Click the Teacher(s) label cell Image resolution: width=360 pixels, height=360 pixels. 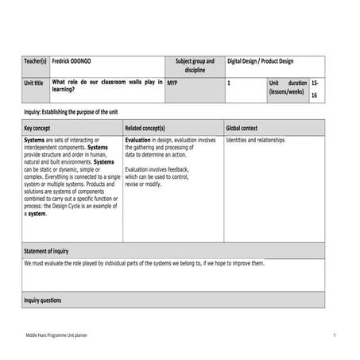coord(36,60)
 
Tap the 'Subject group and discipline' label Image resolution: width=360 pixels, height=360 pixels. coord(195,65)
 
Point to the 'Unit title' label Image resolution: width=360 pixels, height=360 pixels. coord(34,83)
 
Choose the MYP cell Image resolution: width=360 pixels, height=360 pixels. coord(172,82)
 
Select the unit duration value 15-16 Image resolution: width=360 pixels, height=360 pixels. coord(315,87)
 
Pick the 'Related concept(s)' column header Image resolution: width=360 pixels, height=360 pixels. coord(145,127)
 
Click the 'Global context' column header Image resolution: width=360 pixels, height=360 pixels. coord(242,127)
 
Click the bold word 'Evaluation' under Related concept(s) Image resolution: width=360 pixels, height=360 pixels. coord(138,140)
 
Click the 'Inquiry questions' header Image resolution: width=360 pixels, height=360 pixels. coord(43,300)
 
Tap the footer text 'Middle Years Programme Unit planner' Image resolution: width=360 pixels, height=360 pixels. coord(56,337)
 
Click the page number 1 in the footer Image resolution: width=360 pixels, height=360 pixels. coord(335,337)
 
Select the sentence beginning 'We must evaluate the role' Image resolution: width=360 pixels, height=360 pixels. coord(144,263)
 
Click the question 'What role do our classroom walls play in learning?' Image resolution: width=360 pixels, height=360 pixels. coord(106,86)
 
